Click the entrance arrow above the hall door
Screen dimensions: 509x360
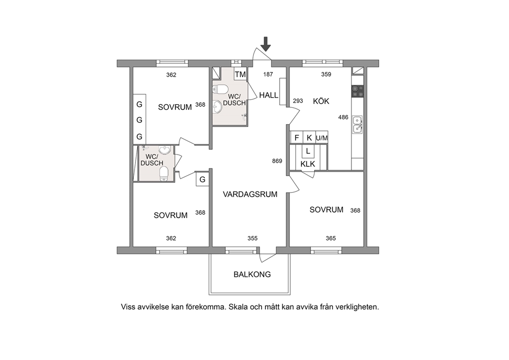(x=266, y=44)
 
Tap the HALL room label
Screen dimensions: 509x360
(x=268, y=95)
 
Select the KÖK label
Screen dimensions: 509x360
(x=321, y=101)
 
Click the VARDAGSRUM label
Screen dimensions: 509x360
(x=250, y=194)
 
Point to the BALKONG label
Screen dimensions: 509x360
(x=252, y=275)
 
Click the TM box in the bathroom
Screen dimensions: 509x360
(x=240, y=74)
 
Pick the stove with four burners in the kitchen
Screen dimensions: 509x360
(x=358, y=91)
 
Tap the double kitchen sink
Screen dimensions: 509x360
(x=358, y=124)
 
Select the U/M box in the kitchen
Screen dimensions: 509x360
(x=322, y=138)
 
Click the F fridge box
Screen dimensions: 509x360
(x=297, y=138)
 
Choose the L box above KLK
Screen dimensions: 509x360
(x=308, y=151)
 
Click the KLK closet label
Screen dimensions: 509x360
(x=308, y=164)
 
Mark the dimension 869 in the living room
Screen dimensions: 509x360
(x=277, y=161)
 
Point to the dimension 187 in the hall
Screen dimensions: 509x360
(x=268, y=74)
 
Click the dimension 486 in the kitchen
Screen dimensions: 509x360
(x=343, y=117)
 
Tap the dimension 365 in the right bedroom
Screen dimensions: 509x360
(x=330, y=238)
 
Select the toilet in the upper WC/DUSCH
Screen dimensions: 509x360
(x=221, y=89)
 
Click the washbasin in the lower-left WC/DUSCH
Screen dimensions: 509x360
(x=165, y=150)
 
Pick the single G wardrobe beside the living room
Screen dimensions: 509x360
(x=202, y=179)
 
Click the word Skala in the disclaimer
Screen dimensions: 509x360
(x=238, y=307)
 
